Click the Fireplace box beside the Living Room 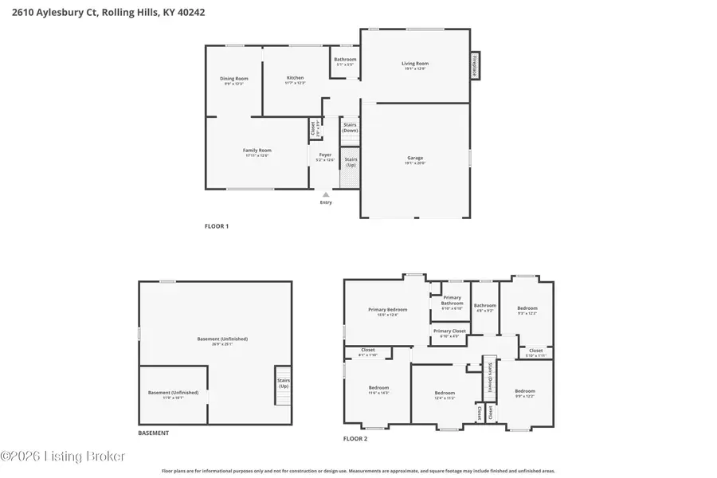click(475, 66)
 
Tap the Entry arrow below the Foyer click(325, 194)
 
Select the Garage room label click(415, 159)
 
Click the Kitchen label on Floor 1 click(295, 78)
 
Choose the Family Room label click(257, 151)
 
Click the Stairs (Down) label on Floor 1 click(350, 127)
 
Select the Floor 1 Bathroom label click(345, 60)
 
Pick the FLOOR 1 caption click(217, 226)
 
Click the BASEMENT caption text click(153, 433)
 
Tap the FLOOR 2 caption click(355, 439)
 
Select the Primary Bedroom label click(387, 310)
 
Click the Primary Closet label click(449, 331)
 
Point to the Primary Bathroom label click(452, 300)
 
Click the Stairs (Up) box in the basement click(283, 384)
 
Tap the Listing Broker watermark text click(63, 456)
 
